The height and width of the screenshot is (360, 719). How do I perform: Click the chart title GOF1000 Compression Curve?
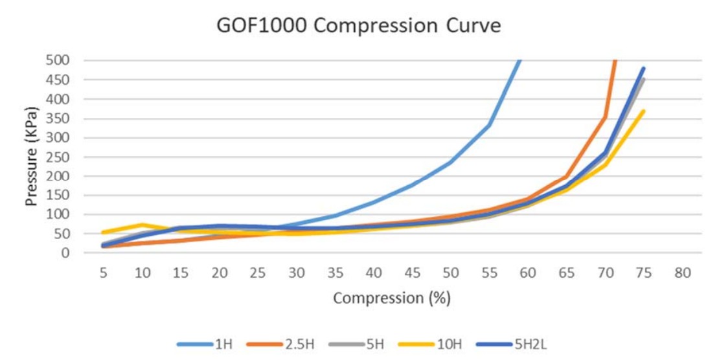click(x=359, y=27)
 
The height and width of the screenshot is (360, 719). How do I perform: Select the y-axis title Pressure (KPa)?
click(x=30, y=156)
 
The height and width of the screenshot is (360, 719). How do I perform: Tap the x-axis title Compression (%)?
click(x=392, y=298)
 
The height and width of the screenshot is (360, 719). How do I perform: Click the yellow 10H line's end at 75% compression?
click(x=643, y=111)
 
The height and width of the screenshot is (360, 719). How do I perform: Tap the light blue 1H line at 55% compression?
click(x=489, y=126)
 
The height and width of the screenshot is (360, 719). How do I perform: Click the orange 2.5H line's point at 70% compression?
click(x=605, y=117)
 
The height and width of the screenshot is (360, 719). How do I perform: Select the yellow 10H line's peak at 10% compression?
click(x=143, y=225)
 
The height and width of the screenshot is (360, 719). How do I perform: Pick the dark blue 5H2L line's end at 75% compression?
click(x=643, y=68)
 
